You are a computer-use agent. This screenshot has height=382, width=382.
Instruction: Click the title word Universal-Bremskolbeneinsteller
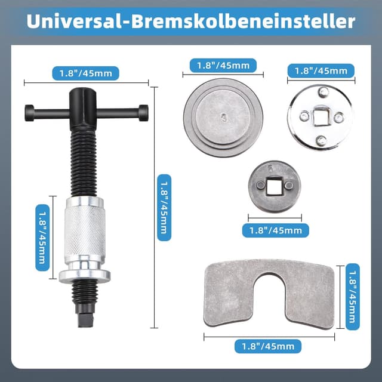tap(191, 21)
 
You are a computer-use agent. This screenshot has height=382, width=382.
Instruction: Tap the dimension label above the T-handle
tap(85, 73)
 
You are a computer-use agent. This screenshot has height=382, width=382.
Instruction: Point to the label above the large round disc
tap(223, 66)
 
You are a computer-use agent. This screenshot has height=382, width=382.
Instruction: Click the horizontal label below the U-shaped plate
tap(268, 346)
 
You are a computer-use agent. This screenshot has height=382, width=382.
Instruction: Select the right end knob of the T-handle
tap(143, 111)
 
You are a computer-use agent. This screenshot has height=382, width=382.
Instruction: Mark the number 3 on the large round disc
tap(223, 117)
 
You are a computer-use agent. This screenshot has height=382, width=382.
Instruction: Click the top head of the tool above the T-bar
tap(82, 95)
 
